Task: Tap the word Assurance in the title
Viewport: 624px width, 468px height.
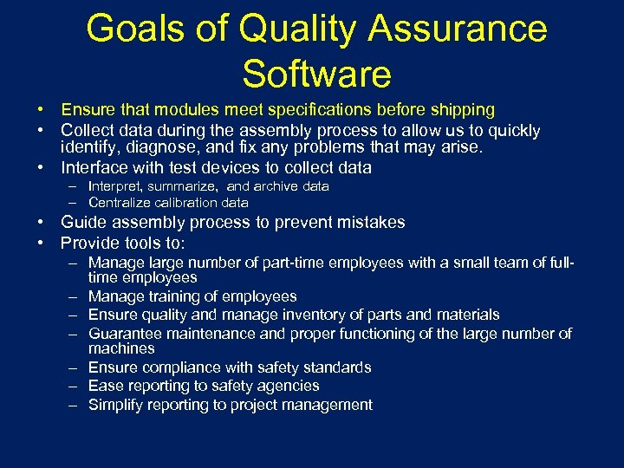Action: click(458, 29)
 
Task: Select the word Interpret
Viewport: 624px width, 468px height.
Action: click(116, 186)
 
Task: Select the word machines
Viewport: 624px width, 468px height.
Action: click(121, 348)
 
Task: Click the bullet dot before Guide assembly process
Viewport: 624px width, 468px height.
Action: click(41, 223)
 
